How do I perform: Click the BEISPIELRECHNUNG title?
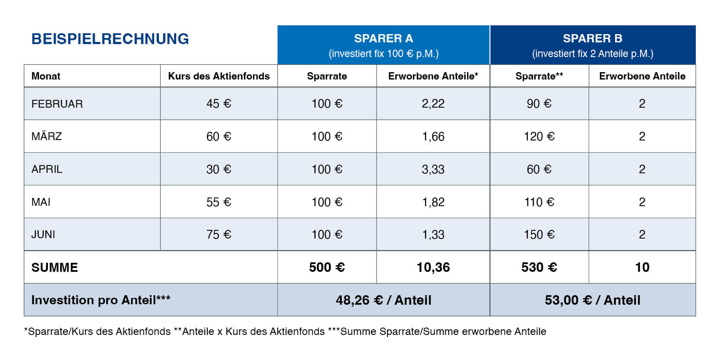point(110,39)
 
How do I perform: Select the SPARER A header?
point(384,38)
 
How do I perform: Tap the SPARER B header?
point(593,38)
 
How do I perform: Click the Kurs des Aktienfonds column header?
point(219,76)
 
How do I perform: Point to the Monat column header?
point(46,76)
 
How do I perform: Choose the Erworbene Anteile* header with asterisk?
point(433,76)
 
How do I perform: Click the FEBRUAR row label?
point(57,104)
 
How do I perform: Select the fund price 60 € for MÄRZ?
point(219,137)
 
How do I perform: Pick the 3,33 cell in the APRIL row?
point(433,169)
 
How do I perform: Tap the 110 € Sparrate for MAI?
point(539,202)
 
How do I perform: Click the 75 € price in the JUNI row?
point(219,235)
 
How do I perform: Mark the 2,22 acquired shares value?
point(433,104)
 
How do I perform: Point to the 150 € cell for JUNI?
point(539,235)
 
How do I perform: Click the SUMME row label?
point(55,268)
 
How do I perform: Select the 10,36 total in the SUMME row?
point(433,268)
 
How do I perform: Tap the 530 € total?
point(539,268)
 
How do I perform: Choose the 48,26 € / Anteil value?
point(384,300)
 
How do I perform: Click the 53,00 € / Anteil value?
point(593,300)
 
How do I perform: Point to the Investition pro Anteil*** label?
point(101,300)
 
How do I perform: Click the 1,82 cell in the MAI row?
point(433,202)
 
